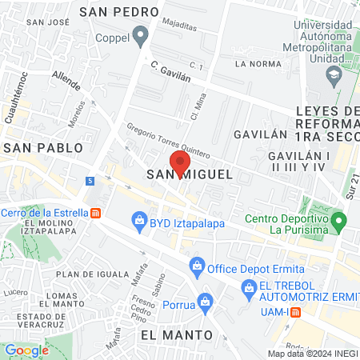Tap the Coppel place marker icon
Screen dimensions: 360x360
click(142, 35)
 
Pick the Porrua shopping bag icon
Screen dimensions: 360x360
click(206, 302)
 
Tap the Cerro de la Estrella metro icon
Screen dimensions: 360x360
click(96, 213)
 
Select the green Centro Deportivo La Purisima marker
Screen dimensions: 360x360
click(338, 218)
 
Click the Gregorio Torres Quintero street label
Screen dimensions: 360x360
click(169, 140)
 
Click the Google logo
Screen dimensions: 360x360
click(26, 350)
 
